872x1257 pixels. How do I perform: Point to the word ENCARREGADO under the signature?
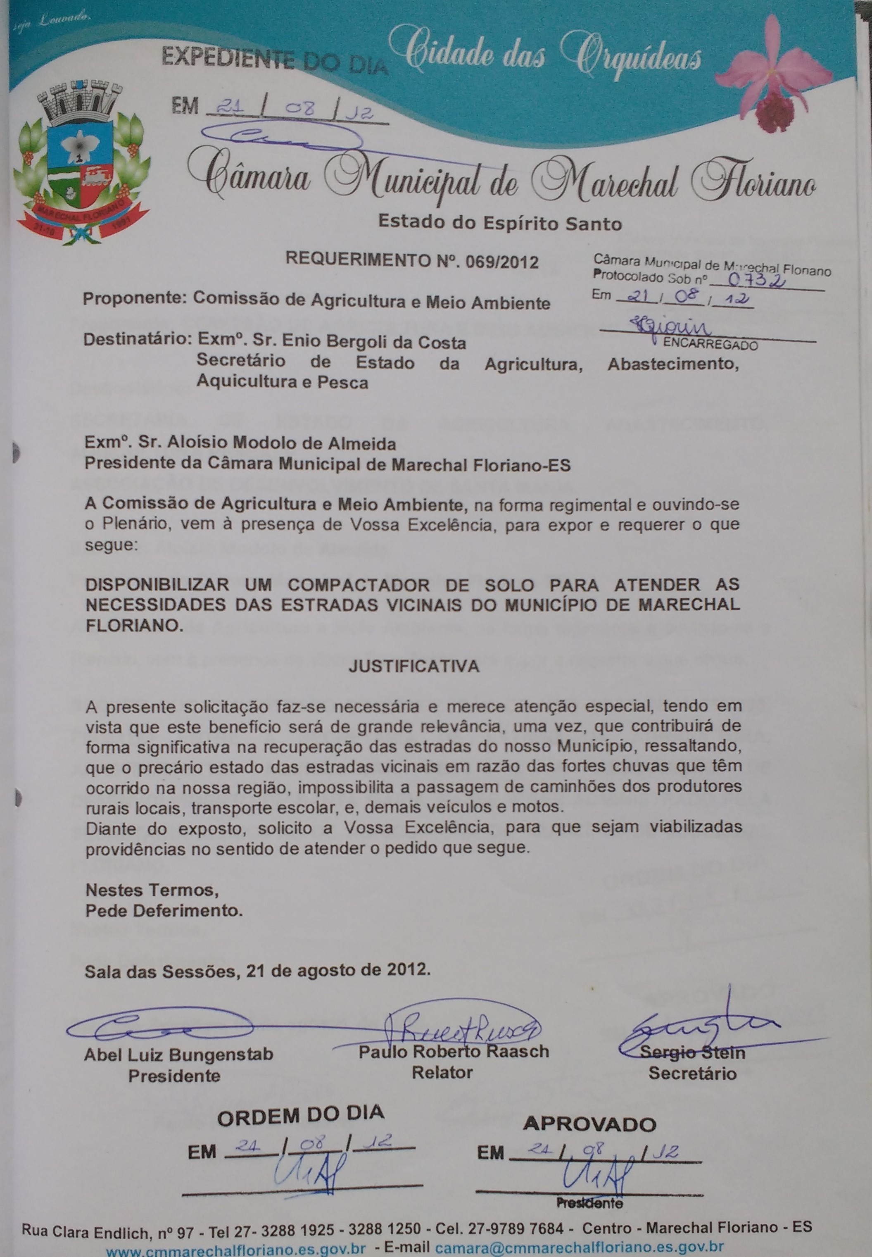pyautogui.click(x=710, y=345)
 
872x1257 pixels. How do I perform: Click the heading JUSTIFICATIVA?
pyautogui.click(x=413, y=666)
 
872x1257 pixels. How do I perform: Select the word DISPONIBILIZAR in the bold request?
pyautogui.click(x=157, y=586)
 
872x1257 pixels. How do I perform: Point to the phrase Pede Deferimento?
pyautogui.click(x=164, y=911)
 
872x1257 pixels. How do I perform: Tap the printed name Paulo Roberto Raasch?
pyautogui.click(x=454, y=1052)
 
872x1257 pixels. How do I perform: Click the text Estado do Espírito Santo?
pyautogui.click(x=500, y=223)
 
